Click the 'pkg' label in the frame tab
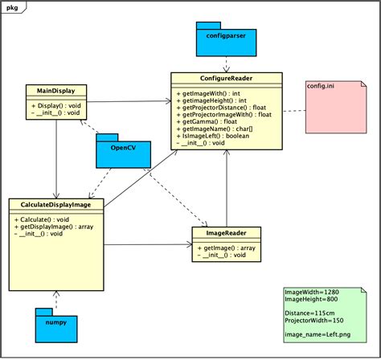pos(13,6)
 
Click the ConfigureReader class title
pos(226,78)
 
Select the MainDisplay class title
pos(55,90)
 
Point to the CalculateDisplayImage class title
pos(55,205)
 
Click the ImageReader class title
pos(226,234)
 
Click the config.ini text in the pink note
pos(322,86)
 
